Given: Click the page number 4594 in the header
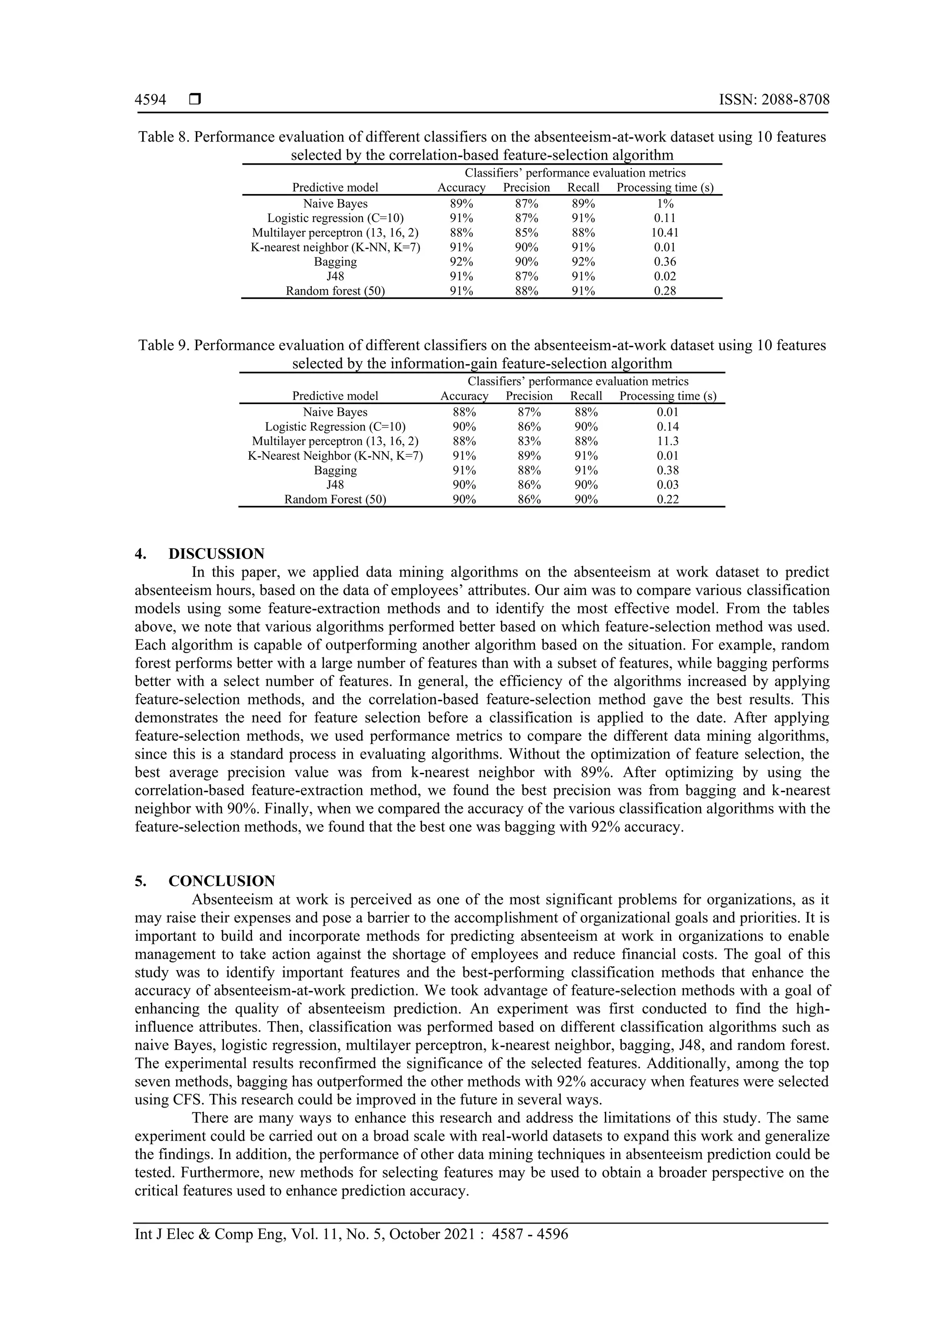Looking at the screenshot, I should point(150,100).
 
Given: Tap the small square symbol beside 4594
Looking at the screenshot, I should point(195,100).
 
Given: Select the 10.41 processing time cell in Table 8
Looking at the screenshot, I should point(665,233).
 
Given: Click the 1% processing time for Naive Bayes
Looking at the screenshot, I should point(665,204).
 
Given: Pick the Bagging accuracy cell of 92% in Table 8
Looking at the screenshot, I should point(461,262).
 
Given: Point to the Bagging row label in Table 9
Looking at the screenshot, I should point(335,470).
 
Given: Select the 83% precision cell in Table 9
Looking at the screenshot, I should point(529,441).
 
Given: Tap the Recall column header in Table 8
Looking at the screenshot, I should point(583,188).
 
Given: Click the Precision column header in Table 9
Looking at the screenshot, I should point(529,396).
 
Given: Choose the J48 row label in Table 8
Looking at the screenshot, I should point(335,276).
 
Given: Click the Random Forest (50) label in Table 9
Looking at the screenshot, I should point(335,499).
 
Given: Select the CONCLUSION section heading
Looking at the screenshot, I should point(222,881).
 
